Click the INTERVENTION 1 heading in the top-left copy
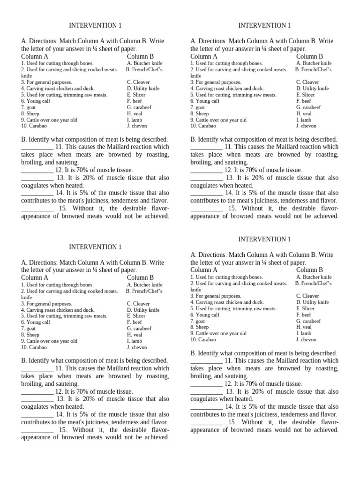[x=95, y=25]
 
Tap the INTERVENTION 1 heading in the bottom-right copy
[x=264, y=239]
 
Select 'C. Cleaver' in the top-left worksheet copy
[x=138, y=82]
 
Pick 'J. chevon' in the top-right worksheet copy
[x=307, y=126]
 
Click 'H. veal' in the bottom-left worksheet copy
[x=135, y=335]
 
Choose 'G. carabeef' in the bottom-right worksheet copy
[x=308, y=321]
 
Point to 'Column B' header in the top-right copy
[x=309, y=56]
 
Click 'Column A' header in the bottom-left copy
[x=35, y=277]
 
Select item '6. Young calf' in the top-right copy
[x=205, y=101]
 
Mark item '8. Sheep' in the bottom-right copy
[x=200, y=327]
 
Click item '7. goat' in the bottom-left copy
[x=29, y=329]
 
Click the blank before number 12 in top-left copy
[x=37, y=170]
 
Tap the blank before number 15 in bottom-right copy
[x=207, y=422]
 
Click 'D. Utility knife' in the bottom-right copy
[x=312, y=302]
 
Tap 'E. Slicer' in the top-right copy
[x=305, y=95]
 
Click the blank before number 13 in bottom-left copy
[x=37, y=399]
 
